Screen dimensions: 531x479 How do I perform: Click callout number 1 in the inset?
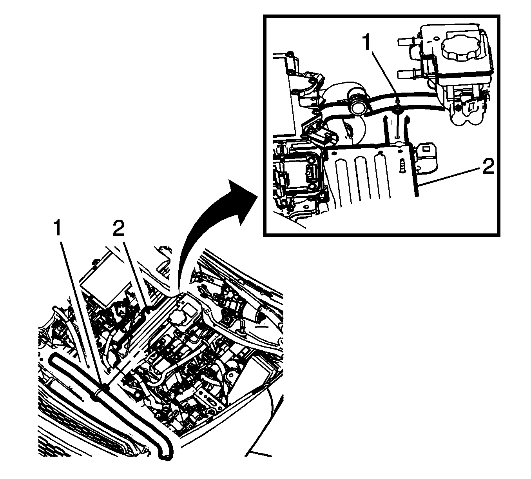click(x=367, y=43)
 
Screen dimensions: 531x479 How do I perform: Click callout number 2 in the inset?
click(x=489, y=166)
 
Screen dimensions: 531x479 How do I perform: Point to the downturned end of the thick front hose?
click(x=165, y=455)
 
